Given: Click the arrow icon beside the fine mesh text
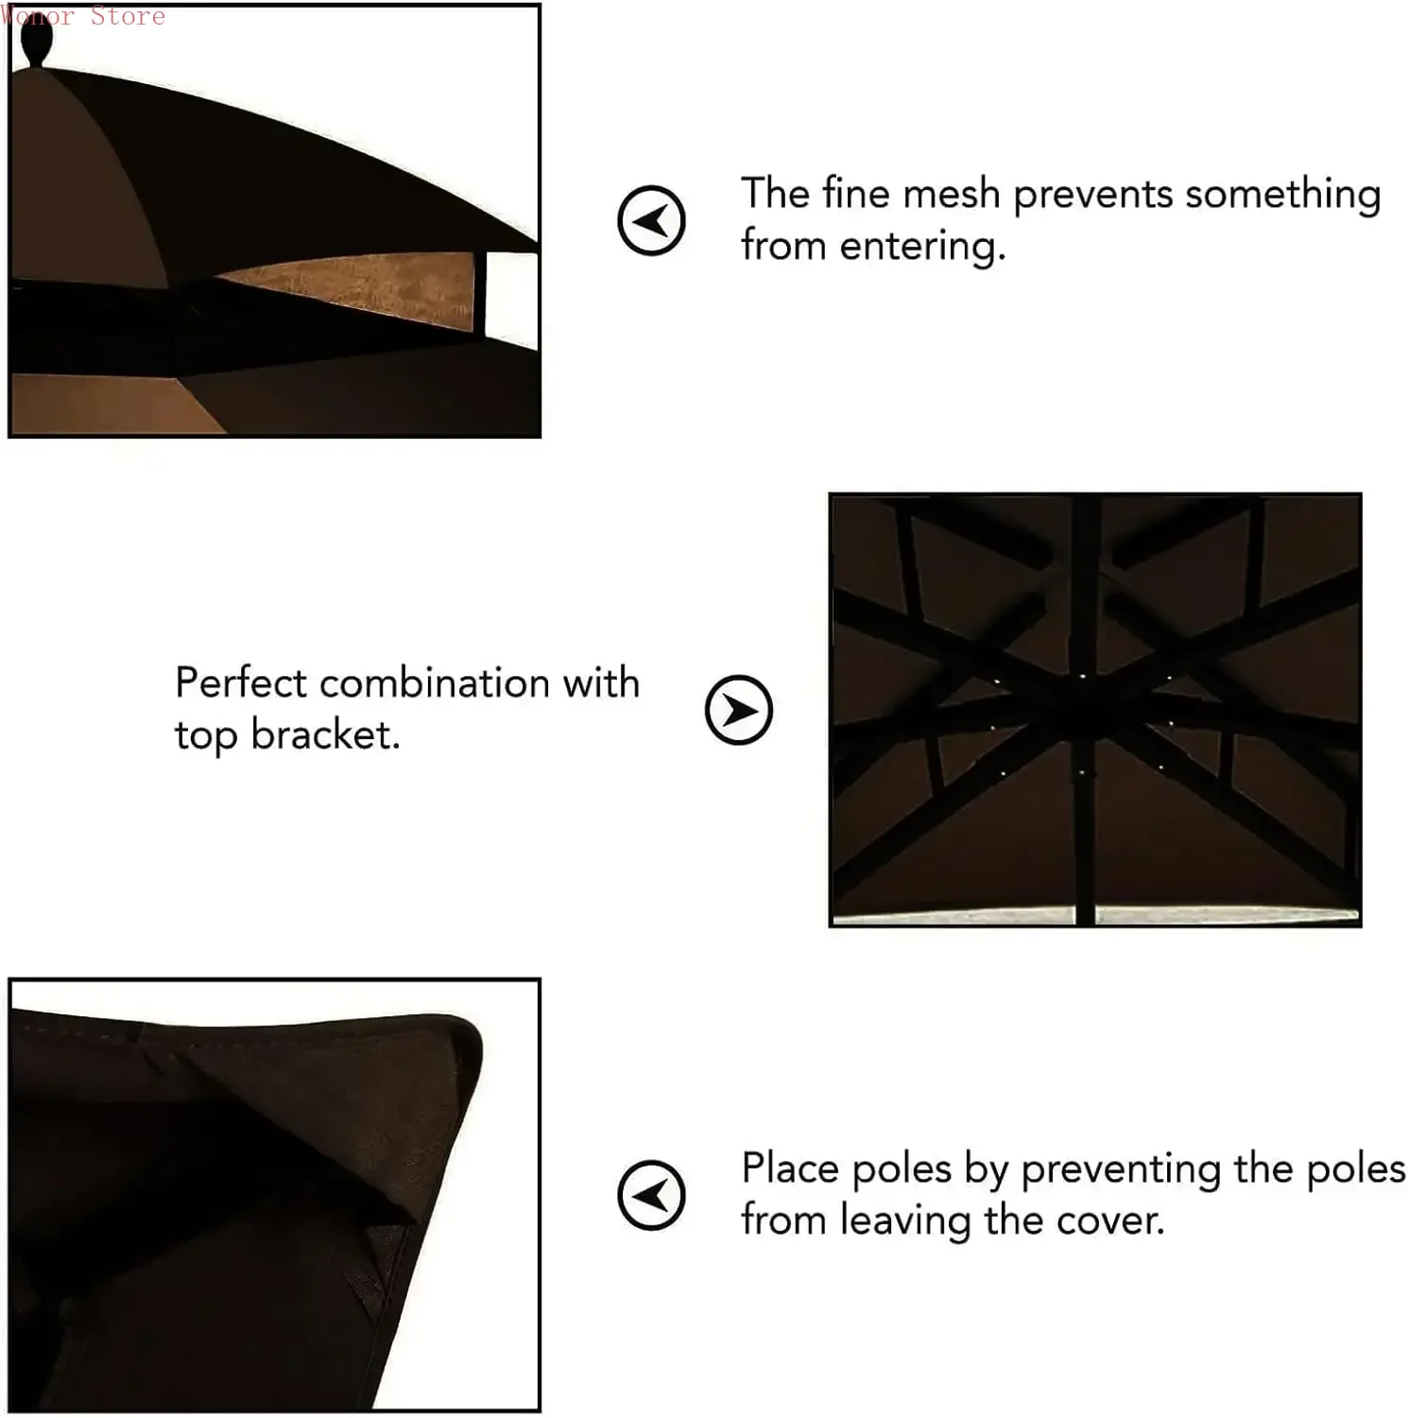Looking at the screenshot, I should click(x=651, y=220).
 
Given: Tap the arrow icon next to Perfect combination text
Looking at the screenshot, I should click(x=738, y=710).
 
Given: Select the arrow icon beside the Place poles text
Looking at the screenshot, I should click(x=651, y=1195).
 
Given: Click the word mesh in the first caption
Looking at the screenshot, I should click(x=951, y=195).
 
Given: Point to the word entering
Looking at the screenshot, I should click(x=921, y=248).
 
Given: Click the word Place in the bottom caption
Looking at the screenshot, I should click(x=790, y=1169).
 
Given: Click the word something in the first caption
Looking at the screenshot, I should click(x=1282, y=195).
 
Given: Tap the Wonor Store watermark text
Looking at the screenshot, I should click(x=83, y=15).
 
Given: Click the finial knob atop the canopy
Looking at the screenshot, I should click(x=36, y=41).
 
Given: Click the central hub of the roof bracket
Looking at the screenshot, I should click(x=1087, y=709).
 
